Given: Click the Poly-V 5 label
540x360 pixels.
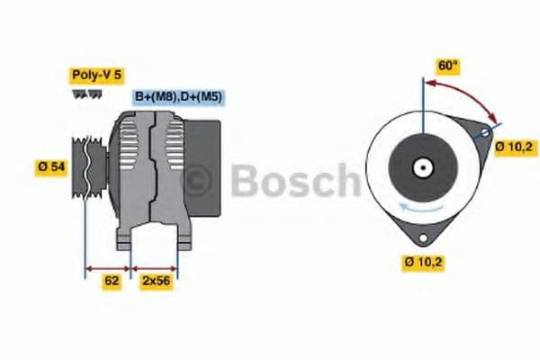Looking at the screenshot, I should pyautogui.click(x=95, y=75).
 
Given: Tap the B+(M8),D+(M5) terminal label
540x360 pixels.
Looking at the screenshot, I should pyautogui.click(x=179, y=96).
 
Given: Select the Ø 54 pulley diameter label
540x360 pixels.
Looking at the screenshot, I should pyautogui.click(x=52, y=167).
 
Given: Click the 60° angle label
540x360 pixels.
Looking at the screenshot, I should pyautogui.click(x=447, y=66).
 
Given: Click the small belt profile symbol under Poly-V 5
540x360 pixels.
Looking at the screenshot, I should pyautogui.click(x=86, y=94).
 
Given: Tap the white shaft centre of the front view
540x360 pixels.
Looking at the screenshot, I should pyautogui.click(x=420, y=167).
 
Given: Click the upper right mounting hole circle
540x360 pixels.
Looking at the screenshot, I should pyautogui.click(x=485, y=133).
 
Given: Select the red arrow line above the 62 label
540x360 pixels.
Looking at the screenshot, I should pyautogui.click(x=109, y=267).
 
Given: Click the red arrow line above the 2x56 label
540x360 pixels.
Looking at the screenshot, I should pyautogui.click(x=155, y=267).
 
